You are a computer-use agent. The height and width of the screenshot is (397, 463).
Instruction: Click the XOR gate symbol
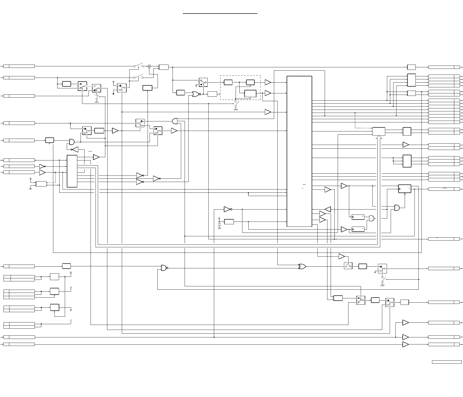tap(302, 267)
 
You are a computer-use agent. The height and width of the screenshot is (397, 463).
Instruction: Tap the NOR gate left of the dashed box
tap(196, 94)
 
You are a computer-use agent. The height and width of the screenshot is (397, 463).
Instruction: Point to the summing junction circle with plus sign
tap(149, 66)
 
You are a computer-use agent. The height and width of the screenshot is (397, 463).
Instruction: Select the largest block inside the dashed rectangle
tap(250, 94)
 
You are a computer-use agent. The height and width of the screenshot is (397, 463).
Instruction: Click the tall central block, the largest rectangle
tap(299, 151)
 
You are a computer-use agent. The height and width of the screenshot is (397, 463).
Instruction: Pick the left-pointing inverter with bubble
tap(75, 149)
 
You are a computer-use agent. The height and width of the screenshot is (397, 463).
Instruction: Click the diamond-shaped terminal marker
tap(71, 320)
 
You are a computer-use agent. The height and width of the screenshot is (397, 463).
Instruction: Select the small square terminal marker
tap(71, 273)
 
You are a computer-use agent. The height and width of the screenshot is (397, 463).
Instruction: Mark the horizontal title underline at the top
tap(220, 14)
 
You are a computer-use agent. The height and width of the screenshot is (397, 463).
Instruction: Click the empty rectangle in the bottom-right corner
tap(447, 362)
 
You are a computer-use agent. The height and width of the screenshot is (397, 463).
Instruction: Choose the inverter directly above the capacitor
tap(227, 209)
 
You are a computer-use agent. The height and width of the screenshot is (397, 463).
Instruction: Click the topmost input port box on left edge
tap(19, 66)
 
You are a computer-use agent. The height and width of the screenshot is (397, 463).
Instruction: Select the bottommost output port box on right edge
tap(444, 344)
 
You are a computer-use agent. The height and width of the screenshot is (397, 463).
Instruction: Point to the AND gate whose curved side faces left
tap(175, 121)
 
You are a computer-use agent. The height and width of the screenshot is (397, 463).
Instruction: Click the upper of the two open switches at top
tap(138, 66)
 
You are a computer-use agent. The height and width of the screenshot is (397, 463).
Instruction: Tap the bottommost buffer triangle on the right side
tap(405, 344)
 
